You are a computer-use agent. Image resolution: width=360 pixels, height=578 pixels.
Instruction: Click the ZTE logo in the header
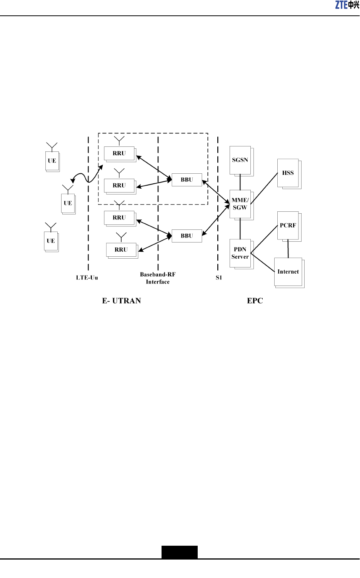(x=347, y=5)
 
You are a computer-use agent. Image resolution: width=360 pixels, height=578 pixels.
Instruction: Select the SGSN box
(x=240, y=160)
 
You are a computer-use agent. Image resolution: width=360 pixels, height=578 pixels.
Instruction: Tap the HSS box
(x=288, y=173)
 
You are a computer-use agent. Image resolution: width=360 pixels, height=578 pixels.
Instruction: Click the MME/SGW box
(x=240, y=204)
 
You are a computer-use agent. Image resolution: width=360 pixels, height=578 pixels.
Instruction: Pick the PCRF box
(x=288, y=226)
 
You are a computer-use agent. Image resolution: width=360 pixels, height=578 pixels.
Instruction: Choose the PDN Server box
(x=240, y=253)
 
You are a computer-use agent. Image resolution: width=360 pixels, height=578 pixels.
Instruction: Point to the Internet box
(x=288, y=272)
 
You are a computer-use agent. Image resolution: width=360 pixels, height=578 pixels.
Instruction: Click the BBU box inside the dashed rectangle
(x=187, y=180)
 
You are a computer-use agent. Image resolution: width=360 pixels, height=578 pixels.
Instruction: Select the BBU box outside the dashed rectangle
(x=187, y=236)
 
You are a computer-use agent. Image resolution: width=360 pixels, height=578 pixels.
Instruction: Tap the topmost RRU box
(x=119, y=153)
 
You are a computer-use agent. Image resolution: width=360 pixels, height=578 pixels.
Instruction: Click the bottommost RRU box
(x=121, y=250)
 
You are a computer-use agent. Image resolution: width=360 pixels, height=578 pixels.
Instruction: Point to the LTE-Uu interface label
(x=87, y=278)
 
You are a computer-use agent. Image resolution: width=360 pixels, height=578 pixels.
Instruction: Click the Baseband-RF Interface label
(x=158, y=278)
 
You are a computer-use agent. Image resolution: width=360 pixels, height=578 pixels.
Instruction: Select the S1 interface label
(x=219, y=278)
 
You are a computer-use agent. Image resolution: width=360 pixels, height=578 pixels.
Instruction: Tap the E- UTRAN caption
(x=122, y=301)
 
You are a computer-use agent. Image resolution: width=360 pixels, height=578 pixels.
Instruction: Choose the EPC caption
(x=255, y=301)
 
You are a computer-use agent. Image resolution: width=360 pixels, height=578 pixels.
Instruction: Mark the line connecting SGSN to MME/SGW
(x=240, y=182)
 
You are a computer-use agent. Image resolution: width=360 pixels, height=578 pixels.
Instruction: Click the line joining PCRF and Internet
(x=288, y=249)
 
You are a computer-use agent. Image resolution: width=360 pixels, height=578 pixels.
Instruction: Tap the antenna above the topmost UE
(x=52, y=146)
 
